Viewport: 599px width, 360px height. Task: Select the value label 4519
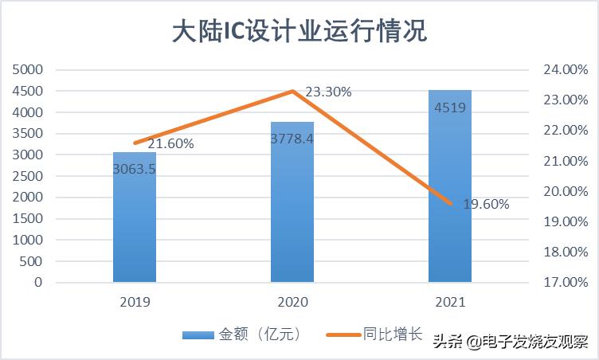(x=450, y=108)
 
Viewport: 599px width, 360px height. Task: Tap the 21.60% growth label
(x=170, y=144)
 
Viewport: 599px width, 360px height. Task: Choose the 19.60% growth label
(x=486, y=204)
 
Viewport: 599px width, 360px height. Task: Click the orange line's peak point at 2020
(x=292, y=91)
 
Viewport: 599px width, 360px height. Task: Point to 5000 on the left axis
(x=28, y=70)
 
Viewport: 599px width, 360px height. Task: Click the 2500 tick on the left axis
(x=28, y=176)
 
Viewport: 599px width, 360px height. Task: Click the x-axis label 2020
(x=292, y=303)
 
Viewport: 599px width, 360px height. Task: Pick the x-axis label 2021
(x=450, y=303)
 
